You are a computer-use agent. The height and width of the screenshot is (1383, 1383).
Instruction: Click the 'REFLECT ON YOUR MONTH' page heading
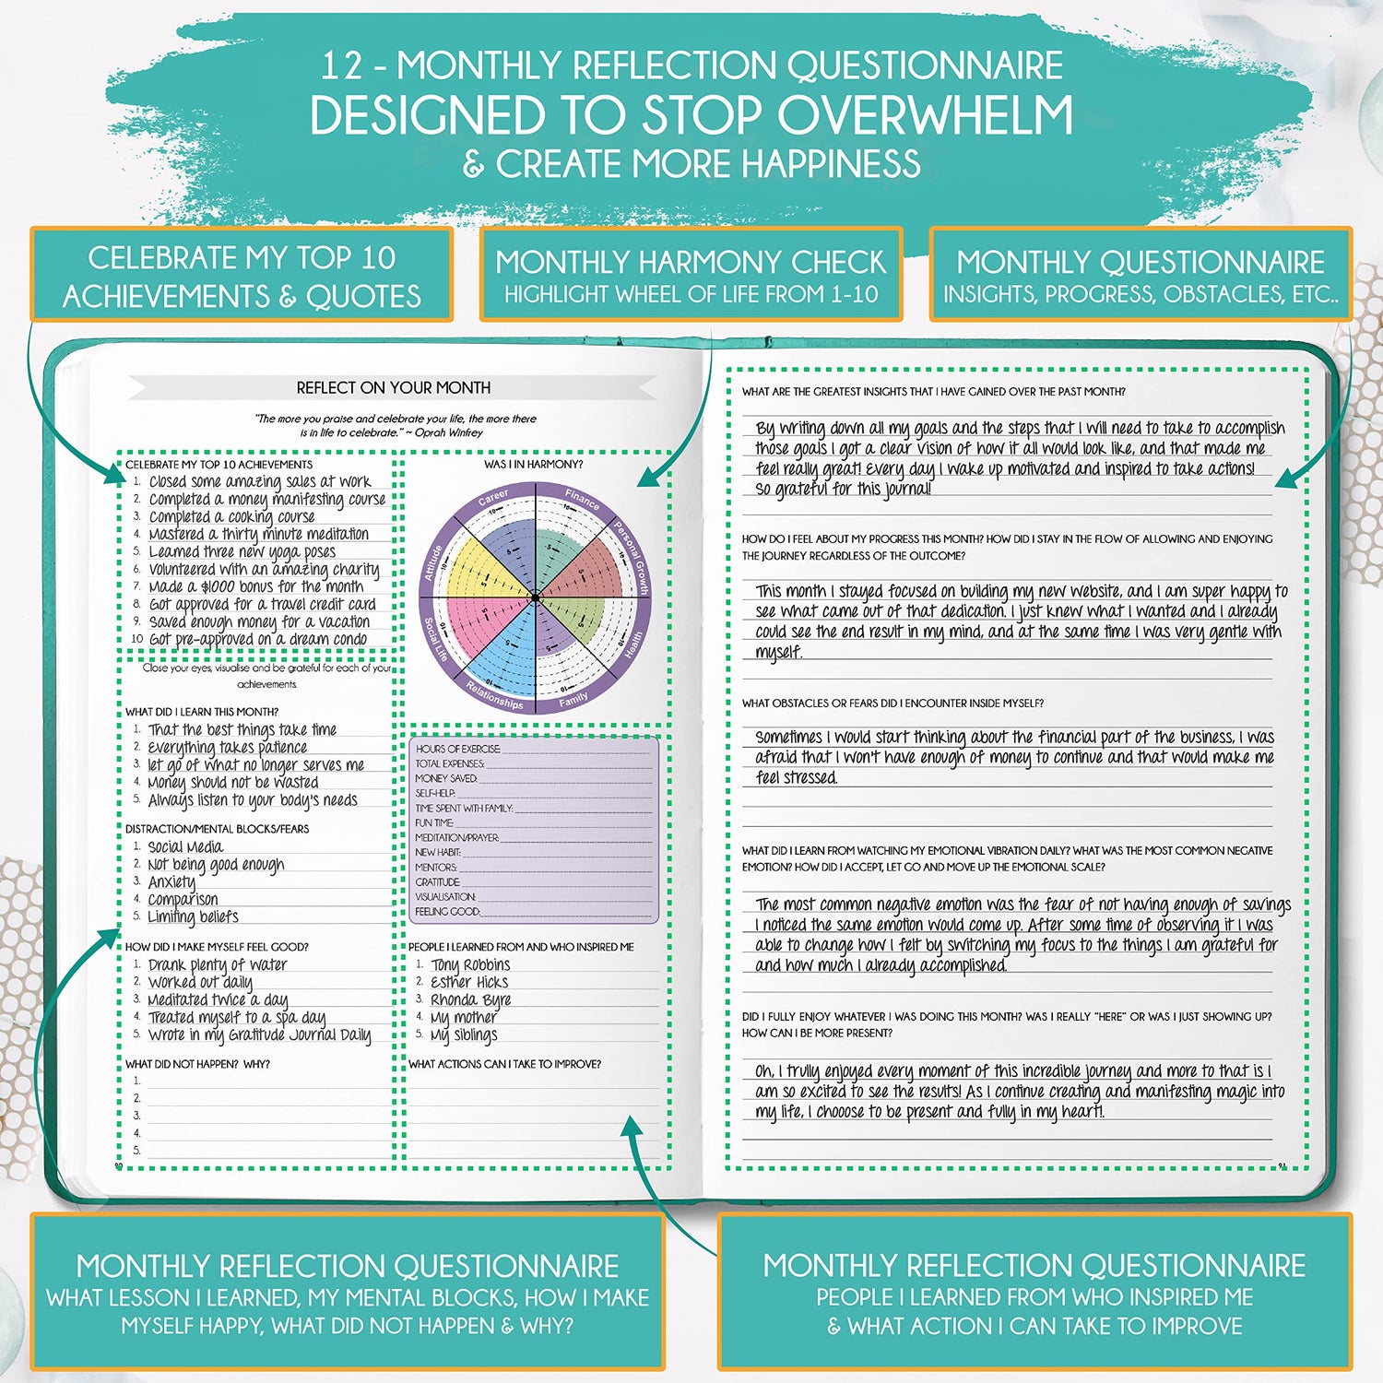tap(394, 387)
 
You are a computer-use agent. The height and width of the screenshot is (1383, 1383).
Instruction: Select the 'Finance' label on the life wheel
tap(582, 499)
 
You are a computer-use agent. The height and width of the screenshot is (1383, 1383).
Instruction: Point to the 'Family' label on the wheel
tap(573, 700)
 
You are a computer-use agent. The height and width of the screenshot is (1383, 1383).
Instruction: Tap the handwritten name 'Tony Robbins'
tap(470, 964)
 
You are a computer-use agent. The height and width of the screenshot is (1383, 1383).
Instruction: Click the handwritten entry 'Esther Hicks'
tap(469, 982)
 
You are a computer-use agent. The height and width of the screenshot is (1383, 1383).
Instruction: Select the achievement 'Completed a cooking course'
tap(231, 516)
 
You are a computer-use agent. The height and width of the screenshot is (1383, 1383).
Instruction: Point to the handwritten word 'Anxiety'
tap(171, 881)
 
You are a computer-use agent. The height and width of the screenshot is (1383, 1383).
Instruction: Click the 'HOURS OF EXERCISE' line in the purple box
tap(458, 749)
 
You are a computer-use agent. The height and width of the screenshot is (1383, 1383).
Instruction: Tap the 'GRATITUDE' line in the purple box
tap(438, 882)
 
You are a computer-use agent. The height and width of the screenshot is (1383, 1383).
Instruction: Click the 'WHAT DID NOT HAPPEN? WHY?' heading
tap(197, 1064)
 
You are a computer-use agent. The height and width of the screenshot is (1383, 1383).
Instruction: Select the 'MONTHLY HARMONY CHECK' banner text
tap(691, 262)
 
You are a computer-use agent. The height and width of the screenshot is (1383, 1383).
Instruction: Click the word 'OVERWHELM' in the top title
tap(925, 116)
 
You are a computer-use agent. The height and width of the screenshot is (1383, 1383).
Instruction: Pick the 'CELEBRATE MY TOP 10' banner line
tap(242, 257)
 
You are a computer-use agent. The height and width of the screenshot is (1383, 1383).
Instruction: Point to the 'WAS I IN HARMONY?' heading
tap(533, 464)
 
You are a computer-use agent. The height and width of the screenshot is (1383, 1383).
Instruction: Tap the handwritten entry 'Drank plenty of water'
tap(218, 964)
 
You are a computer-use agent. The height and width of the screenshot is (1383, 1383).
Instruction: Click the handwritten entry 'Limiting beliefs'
tap(193, 916)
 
